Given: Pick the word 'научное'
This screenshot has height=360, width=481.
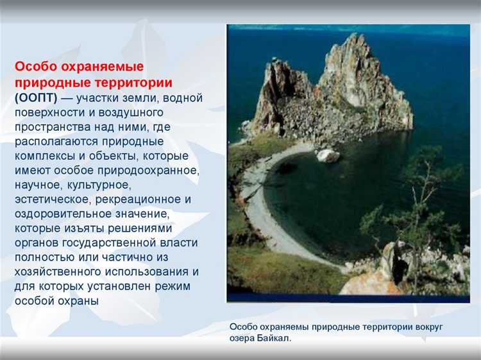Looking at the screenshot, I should tap(37, 185).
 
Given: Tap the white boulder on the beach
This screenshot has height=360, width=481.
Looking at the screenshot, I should tap(328, 155).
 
